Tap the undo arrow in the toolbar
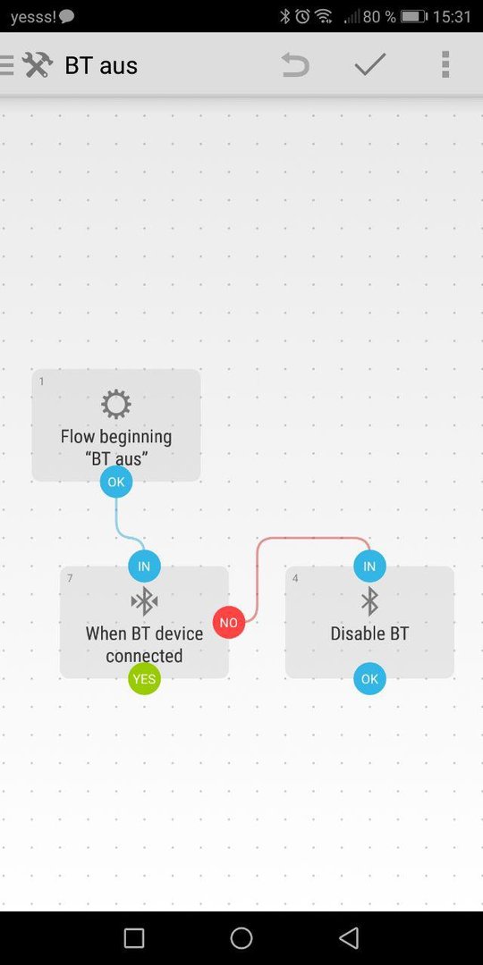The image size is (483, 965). [x=295, y=64]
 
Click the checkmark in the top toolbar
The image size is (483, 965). [x=370, y=64]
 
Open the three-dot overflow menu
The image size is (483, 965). [x=445, y=64]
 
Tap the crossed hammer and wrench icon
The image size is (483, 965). [x=37, y=64]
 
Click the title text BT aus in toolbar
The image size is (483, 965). [x=101, y=65]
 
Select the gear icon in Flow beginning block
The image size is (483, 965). [x=115, y=405]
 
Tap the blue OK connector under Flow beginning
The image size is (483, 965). [x=116, y=482]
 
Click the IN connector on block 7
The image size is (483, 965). [x=144, y=566]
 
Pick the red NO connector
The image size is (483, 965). [x=229, y=622]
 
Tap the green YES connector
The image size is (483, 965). [x=144, y=679]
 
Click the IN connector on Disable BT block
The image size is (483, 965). [x=369, y=566]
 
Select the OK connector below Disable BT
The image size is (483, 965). [x=369, y=679]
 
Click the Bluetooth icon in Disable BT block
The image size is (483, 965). [x=369, y=601]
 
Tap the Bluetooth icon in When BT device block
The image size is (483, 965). [x=144, y=601]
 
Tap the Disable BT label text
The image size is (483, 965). [x=369, y=634]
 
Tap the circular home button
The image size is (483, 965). [x=241, y=938]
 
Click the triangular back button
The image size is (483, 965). [x=349, y=938]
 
